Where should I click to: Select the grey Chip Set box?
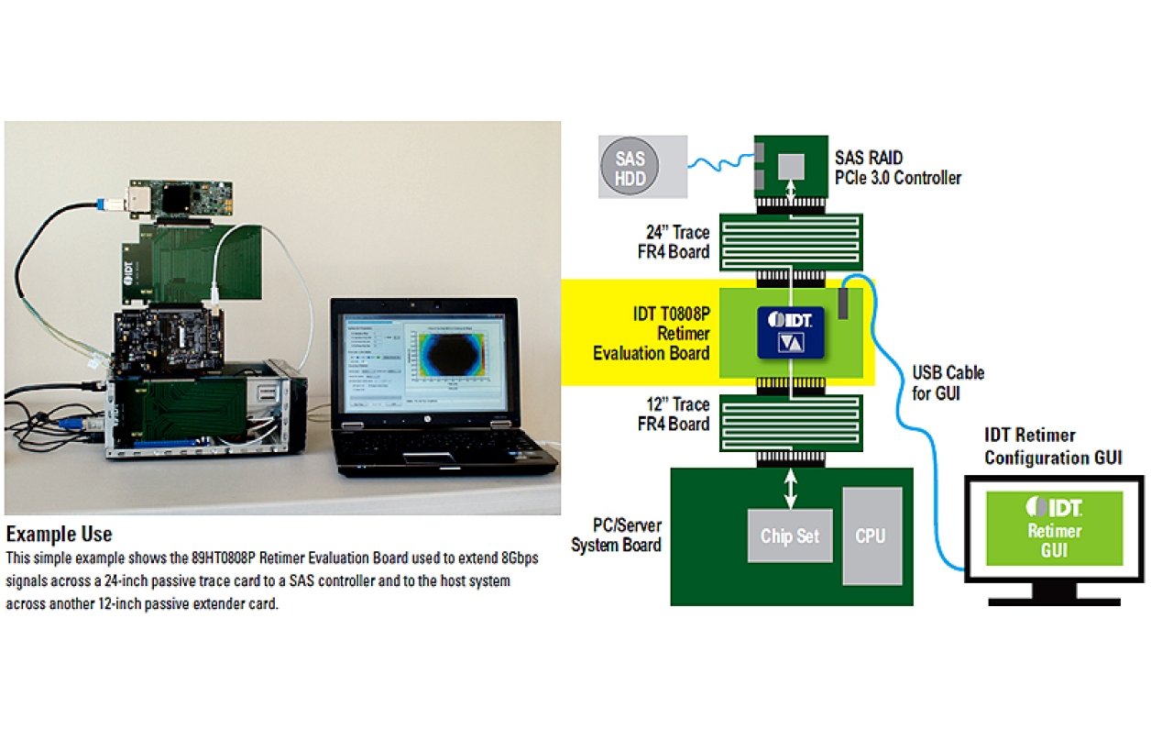789,536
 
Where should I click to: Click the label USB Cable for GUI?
948,381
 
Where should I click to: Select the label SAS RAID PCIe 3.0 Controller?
898,169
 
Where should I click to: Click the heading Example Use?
59,534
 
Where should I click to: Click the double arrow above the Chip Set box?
789,487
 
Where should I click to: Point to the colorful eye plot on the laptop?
449,361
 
